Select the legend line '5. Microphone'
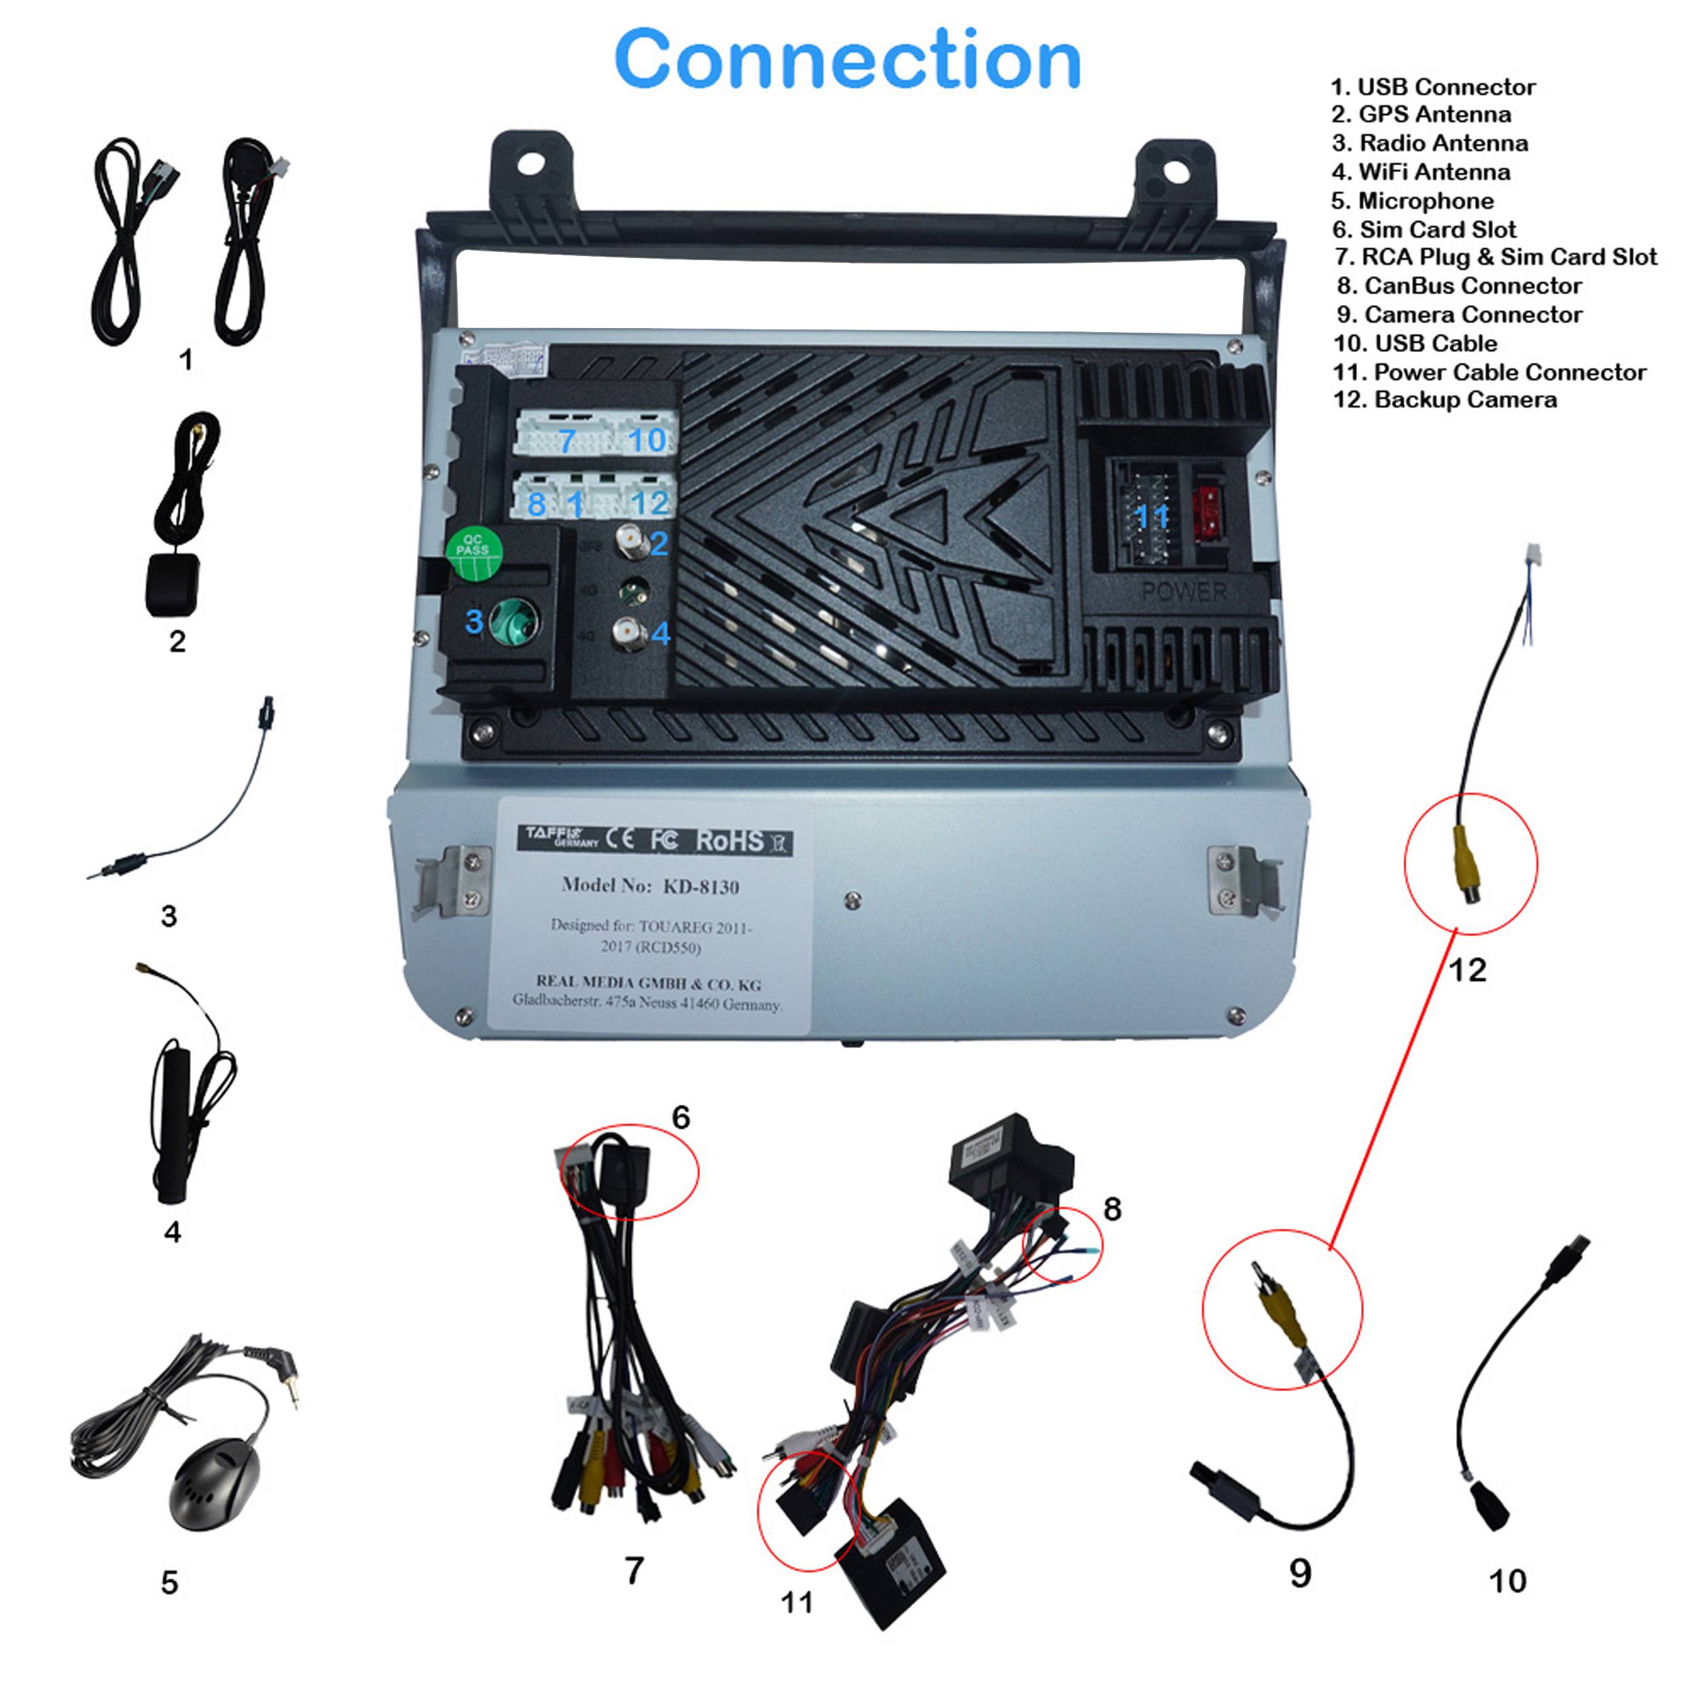[x=1411, y=200]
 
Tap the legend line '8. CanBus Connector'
[x=1459, y=286]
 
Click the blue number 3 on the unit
[x=473, y=621]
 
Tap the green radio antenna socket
[x=513, y=621]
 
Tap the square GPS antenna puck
[x=173, y=585]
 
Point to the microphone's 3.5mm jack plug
[x=285, y=1375]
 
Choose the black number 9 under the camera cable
[x=1300, y=1572]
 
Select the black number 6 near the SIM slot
[x=681, y=1117]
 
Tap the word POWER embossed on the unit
[x=1184, y=592]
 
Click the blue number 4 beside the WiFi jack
[x=661, y=633]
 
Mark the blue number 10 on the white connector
[x=648, y=439]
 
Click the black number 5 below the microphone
[x=170, y=1582]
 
